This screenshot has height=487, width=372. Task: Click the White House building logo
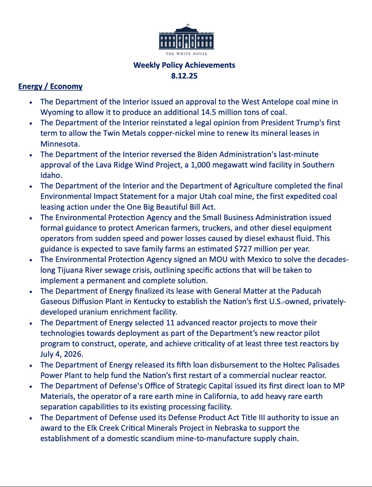[x=186, y=37]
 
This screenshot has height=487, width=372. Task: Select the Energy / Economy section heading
[x=50, y=86]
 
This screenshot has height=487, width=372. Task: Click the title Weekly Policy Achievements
[x=184, y=65]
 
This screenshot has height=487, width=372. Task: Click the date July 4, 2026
[x=62, y=354]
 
